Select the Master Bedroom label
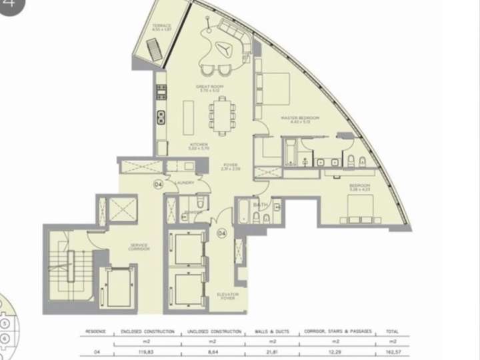299,118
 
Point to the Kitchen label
199,145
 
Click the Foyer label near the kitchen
231,163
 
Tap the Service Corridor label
139,247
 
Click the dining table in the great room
221,115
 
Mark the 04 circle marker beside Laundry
159,185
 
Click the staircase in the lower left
68,267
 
